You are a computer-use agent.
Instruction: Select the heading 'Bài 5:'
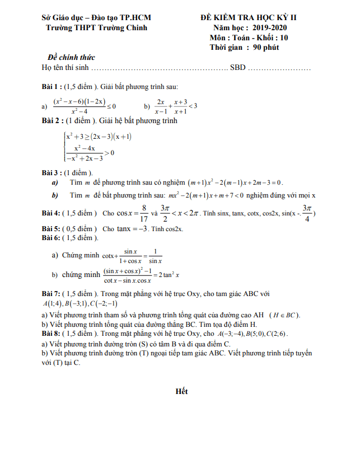click(x=52, y=229)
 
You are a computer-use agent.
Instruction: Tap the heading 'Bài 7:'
click(x=52, y=293)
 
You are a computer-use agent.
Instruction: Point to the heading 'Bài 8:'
click(x=52, y=334)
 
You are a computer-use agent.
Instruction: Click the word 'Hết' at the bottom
click(x=181, y=391)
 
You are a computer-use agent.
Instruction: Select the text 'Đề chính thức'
click(x=72, y=57)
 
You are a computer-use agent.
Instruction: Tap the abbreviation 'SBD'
click(x=237, y=68)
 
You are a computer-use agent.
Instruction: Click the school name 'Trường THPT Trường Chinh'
click(x=93, y=27)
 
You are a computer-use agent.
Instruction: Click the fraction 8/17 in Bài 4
click(x=144, y=213)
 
